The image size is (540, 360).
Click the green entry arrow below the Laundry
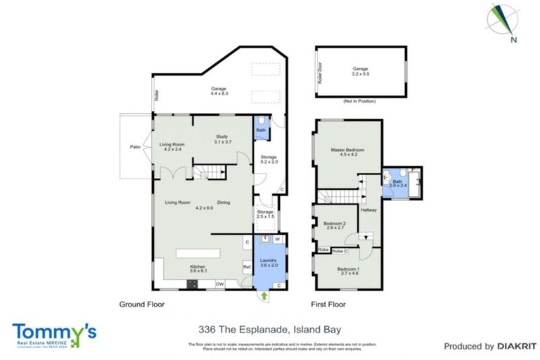coord(264,297)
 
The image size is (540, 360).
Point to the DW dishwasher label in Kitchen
coord(220,284)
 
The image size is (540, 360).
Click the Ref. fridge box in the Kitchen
coord(247,267)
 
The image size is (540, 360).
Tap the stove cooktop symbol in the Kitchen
coord(192,285)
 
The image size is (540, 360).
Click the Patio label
coord(135,147)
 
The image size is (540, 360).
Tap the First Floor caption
coord(330,305)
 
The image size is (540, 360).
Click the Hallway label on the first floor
coord(368,209)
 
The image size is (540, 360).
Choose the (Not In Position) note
coord(360,102)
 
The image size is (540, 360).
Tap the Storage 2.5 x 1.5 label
coord(265,214)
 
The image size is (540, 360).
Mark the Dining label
coord(224,202)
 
